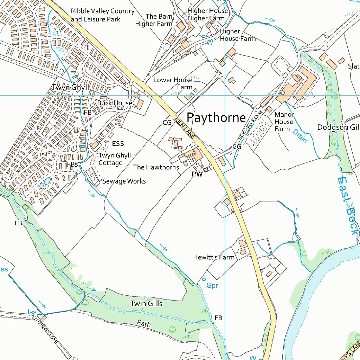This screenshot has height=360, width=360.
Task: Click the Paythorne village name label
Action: (x=216, y=117)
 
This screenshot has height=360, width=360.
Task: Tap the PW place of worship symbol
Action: (x=206, y=171)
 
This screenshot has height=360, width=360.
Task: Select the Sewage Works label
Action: (x=124, y=181)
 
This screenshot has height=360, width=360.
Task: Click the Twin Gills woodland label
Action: (x=146, y=303)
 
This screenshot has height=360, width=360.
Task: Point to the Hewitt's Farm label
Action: (x=213, y=257)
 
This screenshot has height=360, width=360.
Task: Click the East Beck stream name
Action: (x=347, y=206)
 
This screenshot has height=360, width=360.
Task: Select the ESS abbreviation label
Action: (x=118, y=144)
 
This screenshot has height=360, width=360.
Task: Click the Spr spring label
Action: (x=212, y=285)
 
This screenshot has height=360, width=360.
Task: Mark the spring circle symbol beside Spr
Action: (x=204, y=280)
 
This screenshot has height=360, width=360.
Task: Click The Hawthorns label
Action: (x=156, y=167)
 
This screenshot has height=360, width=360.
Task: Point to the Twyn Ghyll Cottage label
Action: (x=115, y=159)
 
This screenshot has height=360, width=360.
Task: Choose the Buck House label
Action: (x=115, y=103)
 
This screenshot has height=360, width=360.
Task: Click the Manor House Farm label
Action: (x=284, y=122)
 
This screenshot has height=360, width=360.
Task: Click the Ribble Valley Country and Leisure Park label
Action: (x=102, y=15)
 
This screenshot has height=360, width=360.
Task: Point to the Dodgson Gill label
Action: (x=337, y=127)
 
